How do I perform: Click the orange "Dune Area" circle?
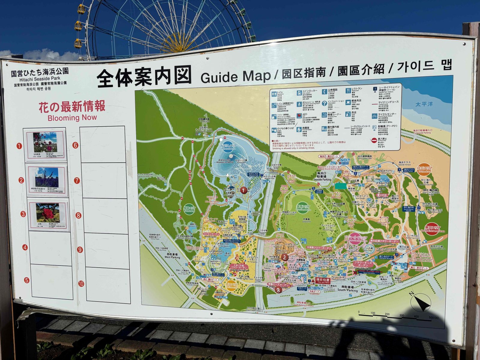coord(424,170)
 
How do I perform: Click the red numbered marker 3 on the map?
coord(278,290)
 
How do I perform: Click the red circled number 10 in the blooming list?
coord(81,284)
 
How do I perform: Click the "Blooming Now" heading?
coord(72,118)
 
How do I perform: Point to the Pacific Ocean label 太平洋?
coord(424,104)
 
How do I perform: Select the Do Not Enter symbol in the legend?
coord(374,140)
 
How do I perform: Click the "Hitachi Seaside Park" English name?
coord(40,79)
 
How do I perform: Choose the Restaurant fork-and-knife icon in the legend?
coord(348,90)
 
